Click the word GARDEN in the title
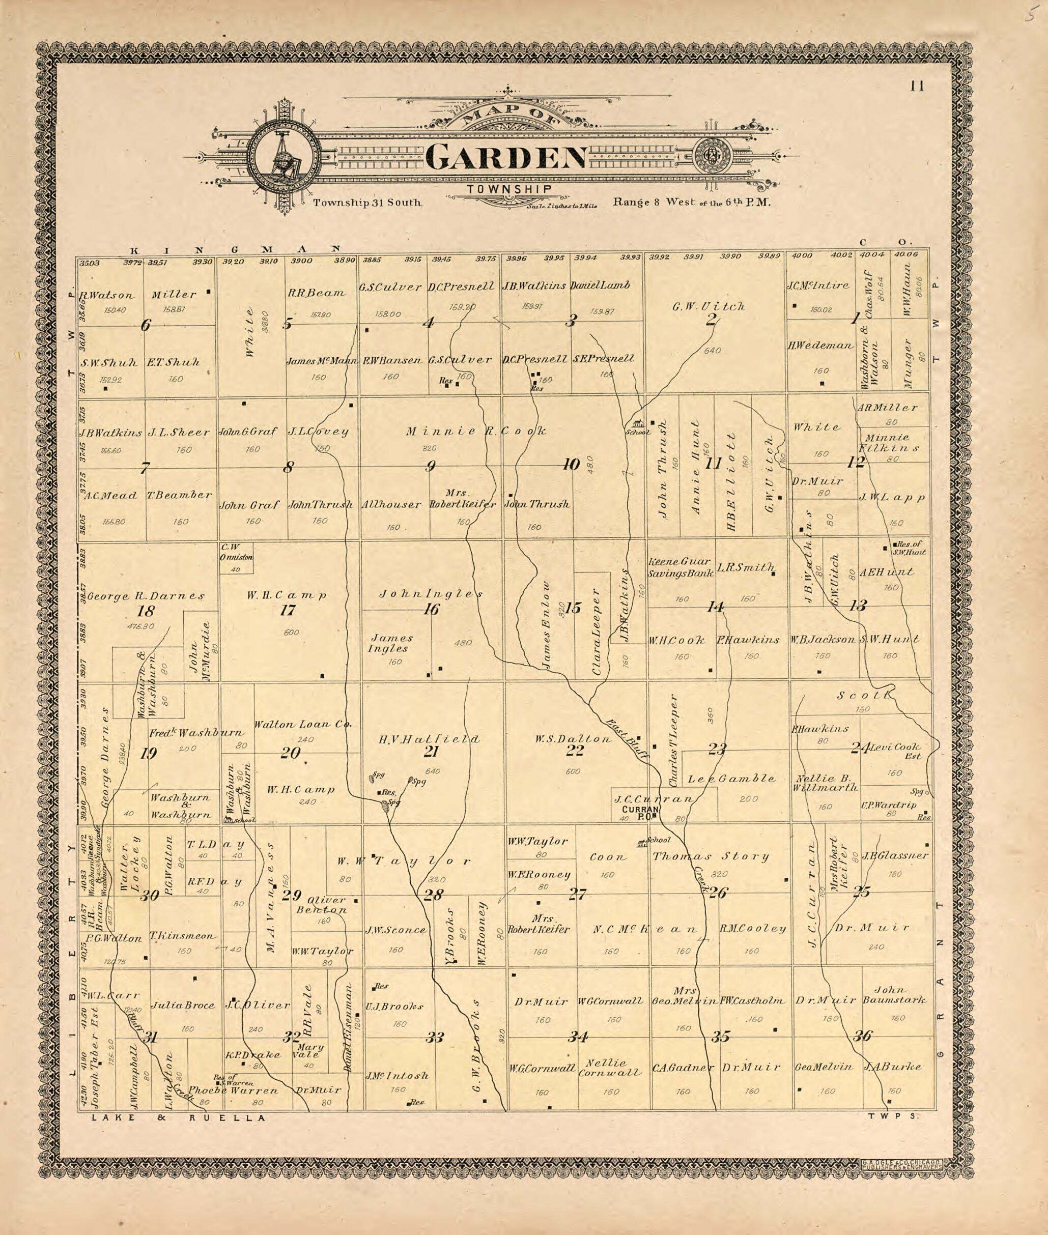pos(506,156)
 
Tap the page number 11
pos(917,87)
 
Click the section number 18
pos(145,611)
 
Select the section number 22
pos(575,750)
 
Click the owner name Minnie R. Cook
pos(475,432)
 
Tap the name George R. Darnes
pos(146,595)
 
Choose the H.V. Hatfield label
pos(429,739)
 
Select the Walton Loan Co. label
pos(303,724)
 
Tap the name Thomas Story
pos(711,856)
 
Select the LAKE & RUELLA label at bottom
pos(178,1117)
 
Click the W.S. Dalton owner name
pos(573,739)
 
